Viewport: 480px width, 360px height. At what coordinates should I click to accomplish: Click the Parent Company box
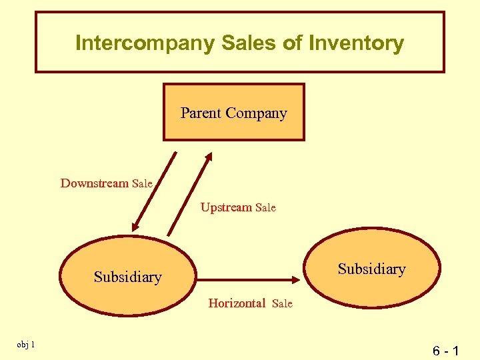click(x=234, y=112)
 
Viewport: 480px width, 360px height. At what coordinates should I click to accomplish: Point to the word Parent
click(x=201, y=113)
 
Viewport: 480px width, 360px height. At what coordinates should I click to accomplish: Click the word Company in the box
click(x=256, y=113)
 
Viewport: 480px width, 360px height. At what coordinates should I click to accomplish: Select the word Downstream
click(x=95, y=183)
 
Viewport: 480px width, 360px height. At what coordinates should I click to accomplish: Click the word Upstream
click(x=227, y=207)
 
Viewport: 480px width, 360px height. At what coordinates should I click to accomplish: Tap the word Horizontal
click(x=237, y=303)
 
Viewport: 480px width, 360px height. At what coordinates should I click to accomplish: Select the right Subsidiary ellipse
click(x=372, y=269)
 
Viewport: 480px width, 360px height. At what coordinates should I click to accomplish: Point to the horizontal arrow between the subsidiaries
click(x=247, y=280)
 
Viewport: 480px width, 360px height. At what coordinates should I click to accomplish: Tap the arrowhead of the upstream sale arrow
click(x=207, y=157)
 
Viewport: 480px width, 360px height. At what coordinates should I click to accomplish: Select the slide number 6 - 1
click(x=445, y=349)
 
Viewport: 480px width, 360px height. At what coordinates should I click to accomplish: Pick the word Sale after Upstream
click(x=265, y=208)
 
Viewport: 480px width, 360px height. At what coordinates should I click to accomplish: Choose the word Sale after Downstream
click(x=143, y=183)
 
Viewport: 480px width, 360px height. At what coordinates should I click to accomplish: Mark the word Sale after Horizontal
click(x=282, y=304)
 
